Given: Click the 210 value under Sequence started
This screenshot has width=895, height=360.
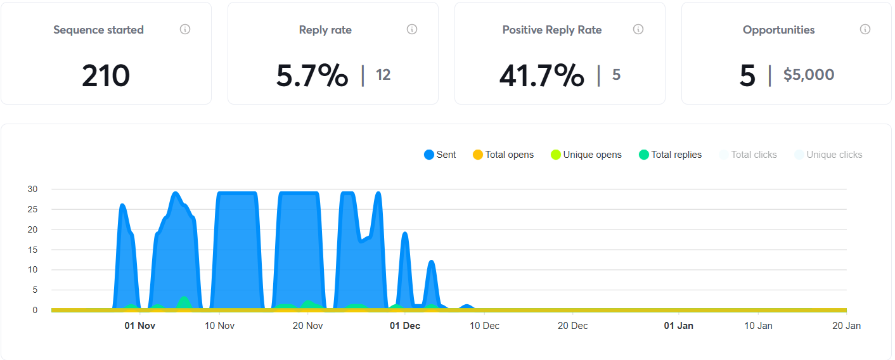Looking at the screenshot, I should pyautogui.click(x=106, y=76).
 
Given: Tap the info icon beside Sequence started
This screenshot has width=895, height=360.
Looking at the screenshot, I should pyautogui.click(x=185, y=29).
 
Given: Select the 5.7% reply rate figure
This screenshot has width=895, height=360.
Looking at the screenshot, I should pyautogui.click(x=312, y=76).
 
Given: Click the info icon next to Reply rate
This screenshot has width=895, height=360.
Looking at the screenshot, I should pyautogui.click(x=412, y=29).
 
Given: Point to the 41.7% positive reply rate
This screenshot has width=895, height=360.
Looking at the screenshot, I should pyautogui.click(x=541, y=76).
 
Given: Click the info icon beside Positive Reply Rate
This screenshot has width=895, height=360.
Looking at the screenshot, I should pyautogui.click(x=638, y=29).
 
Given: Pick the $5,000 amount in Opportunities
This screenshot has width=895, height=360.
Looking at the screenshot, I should pyautogui.click(x=809, y=75).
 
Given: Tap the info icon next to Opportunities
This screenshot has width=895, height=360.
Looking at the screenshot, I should pyautogui.click(x=865, y=29).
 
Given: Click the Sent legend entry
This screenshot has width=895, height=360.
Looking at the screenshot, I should pyautogui.click(x=440, y=155).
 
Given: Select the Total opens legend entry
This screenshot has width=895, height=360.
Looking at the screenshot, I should pyautogui.click(x=503, y=155).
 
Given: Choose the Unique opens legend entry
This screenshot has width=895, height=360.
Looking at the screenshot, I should pyautogui.click(x=586, y=155).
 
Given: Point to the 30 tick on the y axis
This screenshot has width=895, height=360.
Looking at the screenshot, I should pyautogui.click(x=32, y=189).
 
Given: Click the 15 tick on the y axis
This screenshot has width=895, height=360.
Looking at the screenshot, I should pyautogui.click(x=32, y=250).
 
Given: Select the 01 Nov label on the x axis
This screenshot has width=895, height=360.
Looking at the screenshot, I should pyautogui.click(x=139, y=326).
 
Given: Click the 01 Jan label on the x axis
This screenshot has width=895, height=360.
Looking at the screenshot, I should pyautogui.click(x=678, y=326).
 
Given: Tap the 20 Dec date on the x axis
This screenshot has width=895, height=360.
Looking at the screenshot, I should pyautogui.click(x=572, y=326).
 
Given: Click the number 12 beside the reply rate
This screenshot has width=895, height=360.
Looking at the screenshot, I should pyautogui.click(x=383, y=75).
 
